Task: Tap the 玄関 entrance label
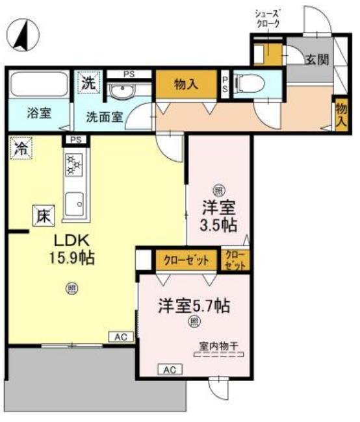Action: [x=316, y=59]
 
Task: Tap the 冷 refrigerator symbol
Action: [x=20, y=148]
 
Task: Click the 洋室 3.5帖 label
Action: [x=218, y=217]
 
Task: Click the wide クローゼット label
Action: [x=185, y=260]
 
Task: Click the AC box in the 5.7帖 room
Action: [x=170, y=369]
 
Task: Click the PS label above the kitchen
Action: [x=75, y=140]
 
